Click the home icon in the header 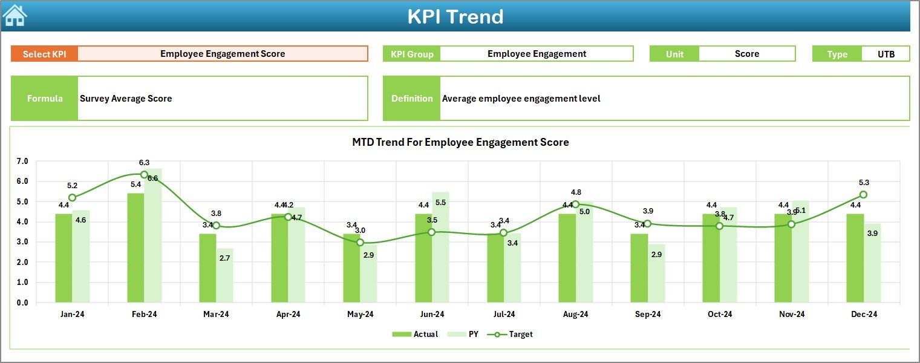15,16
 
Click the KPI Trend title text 455,16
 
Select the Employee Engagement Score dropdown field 223,54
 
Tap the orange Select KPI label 45,54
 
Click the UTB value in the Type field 886,54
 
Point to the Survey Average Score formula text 126,99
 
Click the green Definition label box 411,99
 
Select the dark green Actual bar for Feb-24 135,248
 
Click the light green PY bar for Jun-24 440,248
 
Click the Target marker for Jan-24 73,198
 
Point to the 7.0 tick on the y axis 22,162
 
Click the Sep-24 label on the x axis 647,315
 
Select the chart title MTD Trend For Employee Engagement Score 460,143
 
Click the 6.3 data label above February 144,163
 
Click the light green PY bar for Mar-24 224,275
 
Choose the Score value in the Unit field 746,54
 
